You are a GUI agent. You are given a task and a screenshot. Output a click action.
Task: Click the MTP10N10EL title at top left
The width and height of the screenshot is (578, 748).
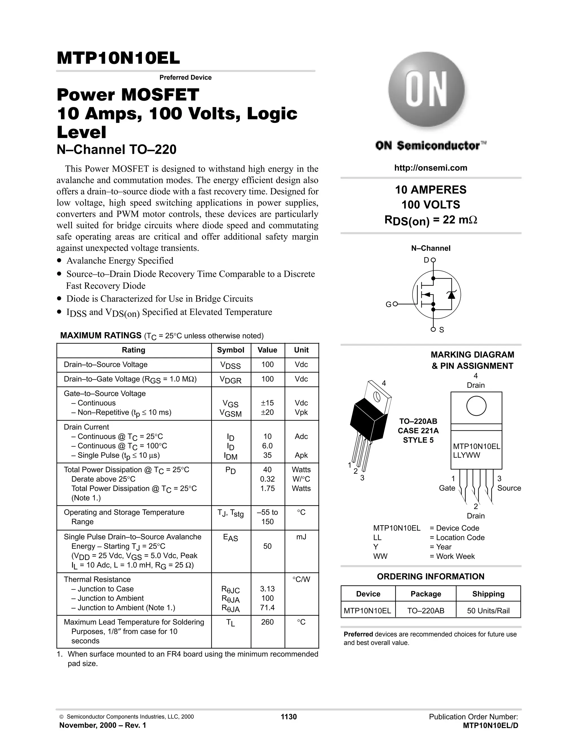tap(118, 58)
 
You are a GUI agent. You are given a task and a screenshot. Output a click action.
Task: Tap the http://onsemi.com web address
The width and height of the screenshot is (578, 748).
tap(430, 168)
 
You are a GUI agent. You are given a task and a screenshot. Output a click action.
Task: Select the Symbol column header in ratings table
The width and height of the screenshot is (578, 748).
tap(231, 350)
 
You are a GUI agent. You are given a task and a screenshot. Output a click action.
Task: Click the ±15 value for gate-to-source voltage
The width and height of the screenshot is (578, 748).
tap(268, 403)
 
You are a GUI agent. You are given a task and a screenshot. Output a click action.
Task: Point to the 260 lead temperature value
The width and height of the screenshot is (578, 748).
tap(268, 622)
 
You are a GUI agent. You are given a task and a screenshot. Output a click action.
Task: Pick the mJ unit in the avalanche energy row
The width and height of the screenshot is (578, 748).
tap(301, 537)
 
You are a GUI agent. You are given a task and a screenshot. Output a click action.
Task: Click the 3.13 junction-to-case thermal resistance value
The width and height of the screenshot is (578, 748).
tap(268, 589)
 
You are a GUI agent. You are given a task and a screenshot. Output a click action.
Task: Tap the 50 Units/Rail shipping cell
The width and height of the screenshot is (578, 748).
tap(488, 611)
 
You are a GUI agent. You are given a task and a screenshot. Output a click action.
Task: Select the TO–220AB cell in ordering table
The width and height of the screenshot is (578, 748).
tap(426, 611)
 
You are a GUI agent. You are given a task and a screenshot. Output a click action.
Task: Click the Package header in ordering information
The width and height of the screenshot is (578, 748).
tap(426, 594)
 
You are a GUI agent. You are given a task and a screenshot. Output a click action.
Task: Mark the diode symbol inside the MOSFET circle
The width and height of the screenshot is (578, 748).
tap(452, 294)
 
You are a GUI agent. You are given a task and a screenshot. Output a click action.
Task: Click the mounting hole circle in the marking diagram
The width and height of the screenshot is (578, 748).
tap(476, 406)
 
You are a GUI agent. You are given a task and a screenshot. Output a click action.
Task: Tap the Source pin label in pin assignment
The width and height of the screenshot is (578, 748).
tap(509, 488)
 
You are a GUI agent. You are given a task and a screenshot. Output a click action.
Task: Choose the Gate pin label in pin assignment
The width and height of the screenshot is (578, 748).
tap(447, 488)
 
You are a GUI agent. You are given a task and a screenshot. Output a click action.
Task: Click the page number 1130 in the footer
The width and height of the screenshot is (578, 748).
tap(289, 717)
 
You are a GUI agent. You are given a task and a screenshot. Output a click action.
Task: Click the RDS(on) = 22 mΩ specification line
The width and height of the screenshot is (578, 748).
tap(430, 220)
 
